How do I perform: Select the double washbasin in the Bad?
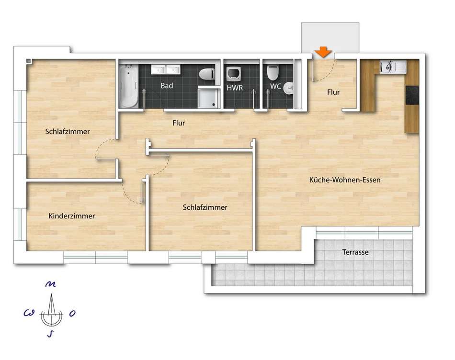(165, 69)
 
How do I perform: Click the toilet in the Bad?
(207, 74)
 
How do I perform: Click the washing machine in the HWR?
(233, 75)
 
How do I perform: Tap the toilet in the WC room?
(273, 73)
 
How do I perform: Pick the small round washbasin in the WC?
(288, 89)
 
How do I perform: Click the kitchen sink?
(393, 67)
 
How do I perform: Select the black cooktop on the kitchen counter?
(412, 95)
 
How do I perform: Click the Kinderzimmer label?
(72, 216)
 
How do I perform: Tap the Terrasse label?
(355, 252)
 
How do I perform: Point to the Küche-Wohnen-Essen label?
(345, 180)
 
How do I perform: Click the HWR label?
(235, 88)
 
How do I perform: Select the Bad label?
(167, 86)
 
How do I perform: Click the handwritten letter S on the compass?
(50, 334)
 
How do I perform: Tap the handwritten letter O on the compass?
(72, 313)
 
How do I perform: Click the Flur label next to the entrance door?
(333, 92)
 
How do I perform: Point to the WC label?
(275, 86)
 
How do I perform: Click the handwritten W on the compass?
(29, 313)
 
